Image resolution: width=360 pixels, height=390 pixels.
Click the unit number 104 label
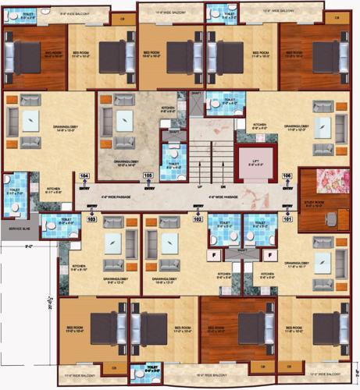pos(85,177)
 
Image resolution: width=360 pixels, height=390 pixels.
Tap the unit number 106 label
pos(287,177)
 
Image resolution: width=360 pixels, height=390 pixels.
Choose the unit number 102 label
pos(198,219)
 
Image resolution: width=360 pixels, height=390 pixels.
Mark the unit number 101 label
pos(287,219)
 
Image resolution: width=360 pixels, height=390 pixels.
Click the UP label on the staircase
pos(200,188)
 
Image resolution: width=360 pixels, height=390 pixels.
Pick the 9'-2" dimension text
pos(29,248)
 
